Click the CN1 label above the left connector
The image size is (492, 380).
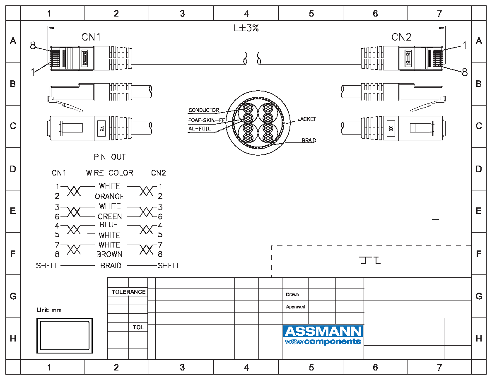[91, 37]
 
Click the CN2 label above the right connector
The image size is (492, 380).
[401, 37]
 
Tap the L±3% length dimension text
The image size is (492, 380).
[247, 28]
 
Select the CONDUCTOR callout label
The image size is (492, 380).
[204, 110]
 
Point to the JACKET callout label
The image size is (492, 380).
[306, 119]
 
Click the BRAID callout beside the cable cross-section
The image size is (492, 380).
[309, 140]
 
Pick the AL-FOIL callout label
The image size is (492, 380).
[200, 129]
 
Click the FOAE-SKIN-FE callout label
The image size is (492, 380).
[207, 120]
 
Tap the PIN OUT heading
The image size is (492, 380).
[109, 157]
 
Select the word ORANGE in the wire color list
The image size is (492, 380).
[109, 196]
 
